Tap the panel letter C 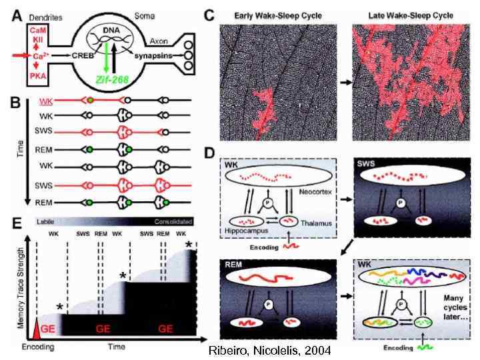(209, 13)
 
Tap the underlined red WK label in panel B (46, 101)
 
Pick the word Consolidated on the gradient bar (173, 221)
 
